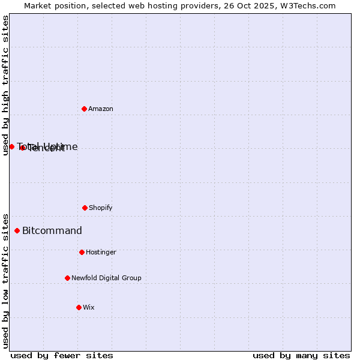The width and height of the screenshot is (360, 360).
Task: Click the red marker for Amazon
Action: [x=84, y=109]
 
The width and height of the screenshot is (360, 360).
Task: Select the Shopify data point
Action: [x=85, y=208]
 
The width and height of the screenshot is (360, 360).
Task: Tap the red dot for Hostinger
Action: [x=82, y=252]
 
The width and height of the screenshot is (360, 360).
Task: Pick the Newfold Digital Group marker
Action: [x=67, y=278]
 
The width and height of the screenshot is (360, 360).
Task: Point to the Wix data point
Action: [x=79, y=307]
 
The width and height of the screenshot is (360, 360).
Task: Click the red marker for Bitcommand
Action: [x=17, y=230]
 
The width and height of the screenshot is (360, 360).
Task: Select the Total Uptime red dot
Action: [x=11, y=146]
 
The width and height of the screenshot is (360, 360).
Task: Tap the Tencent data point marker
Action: [x=22, y=148]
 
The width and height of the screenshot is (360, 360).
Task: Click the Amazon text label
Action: [x=101, y=109]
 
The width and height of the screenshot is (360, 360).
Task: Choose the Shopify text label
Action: [x=101, y=208]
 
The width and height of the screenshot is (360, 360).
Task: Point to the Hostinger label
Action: [x=101, y=252]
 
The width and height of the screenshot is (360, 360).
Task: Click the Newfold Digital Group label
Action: [x=106, y=278]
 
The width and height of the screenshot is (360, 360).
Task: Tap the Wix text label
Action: [x=89, y=307]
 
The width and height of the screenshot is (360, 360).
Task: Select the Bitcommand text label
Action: [x=52, y=230]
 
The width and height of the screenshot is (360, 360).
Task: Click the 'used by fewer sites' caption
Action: [x=62, y=355]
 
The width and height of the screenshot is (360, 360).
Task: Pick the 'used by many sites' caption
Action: [x=301, y=355]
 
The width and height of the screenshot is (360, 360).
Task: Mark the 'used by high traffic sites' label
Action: [x=5, y=85]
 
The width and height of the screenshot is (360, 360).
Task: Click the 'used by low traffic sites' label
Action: [x=5, y=280]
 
